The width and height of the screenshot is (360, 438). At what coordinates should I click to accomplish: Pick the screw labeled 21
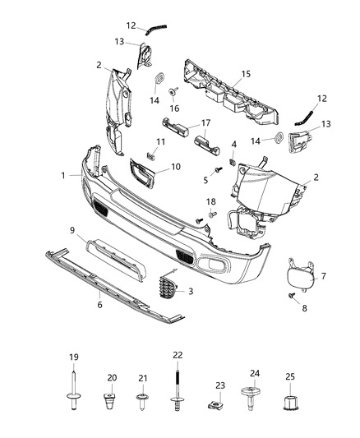coord(141,402)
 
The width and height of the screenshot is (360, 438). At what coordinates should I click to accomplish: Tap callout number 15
coord(243,76)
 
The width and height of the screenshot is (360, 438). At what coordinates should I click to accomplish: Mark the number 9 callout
coord(72,230)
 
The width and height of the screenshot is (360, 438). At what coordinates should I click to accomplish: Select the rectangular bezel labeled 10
coord(139,173)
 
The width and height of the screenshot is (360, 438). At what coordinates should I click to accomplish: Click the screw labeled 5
coord(219,170)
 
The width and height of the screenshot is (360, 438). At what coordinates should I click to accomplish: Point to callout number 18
coord(211,201)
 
